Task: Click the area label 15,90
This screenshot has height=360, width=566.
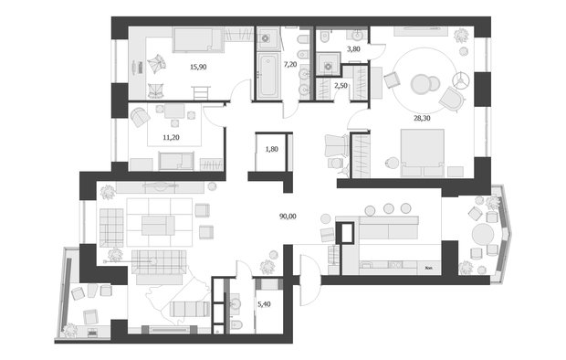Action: click(197, 67)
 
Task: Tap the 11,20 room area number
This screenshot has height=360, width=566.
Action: click(170, 137)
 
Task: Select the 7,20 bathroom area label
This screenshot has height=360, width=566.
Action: click(291, 66)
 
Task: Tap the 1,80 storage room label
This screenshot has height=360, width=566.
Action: click(271, 149)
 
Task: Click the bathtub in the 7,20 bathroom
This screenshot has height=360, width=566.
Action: click(268, 75)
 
